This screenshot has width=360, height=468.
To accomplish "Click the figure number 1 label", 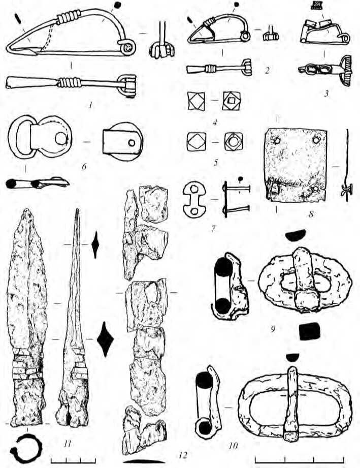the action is click(90, 105).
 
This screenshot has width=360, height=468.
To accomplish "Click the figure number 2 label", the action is click(267, 71).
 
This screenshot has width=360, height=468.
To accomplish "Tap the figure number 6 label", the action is click(84, 166).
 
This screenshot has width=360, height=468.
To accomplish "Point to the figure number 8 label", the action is click(311, 214).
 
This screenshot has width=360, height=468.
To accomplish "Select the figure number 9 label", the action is click(273, 329).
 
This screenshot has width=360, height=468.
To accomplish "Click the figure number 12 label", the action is click(183, 455).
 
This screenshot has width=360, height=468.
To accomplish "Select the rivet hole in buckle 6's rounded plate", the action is click(61, 138).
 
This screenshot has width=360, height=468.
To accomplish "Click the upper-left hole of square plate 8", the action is click(277, 140).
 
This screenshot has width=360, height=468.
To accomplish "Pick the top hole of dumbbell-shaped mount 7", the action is click(194, 189).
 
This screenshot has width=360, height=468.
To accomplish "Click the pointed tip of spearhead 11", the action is click(27, 209).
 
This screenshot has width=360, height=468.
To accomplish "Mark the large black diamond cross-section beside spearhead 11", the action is click(105, 339).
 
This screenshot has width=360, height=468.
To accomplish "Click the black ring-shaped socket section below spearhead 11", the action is click(26, 448).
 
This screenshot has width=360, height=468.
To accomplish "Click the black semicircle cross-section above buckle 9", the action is click(296, 235).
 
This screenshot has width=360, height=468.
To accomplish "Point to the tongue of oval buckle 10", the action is click(290, 404).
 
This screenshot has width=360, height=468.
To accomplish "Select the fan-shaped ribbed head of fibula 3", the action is click(347, 71).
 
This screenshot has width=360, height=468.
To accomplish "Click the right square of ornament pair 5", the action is click(234, 141).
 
